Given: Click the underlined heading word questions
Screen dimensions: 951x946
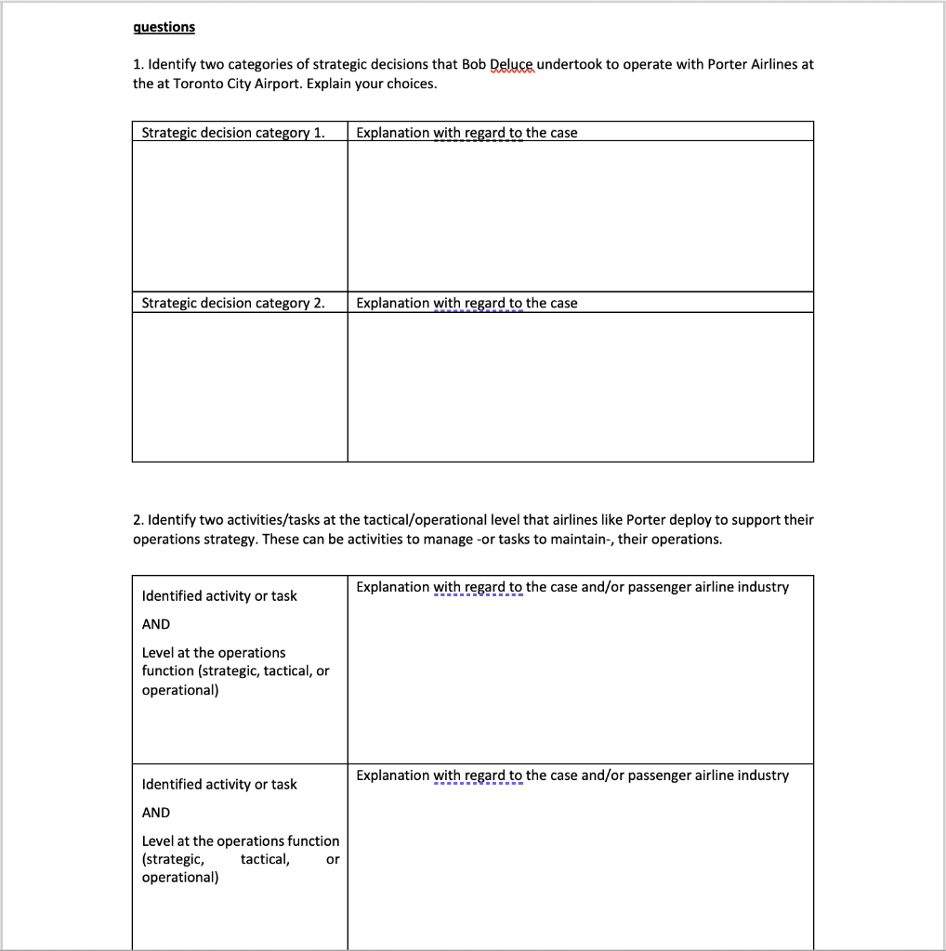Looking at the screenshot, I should [164, 27].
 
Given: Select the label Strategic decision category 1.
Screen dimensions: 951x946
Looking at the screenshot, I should [233, 133].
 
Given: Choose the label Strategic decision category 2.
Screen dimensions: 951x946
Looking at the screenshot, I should [233, 303].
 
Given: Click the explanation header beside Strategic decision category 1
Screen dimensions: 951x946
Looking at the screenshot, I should [466, 133].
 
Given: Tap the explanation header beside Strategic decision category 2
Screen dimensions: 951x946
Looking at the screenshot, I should [466, 303].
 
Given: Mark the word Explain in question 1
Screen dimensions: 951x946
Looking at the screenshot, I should [330, 84].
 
